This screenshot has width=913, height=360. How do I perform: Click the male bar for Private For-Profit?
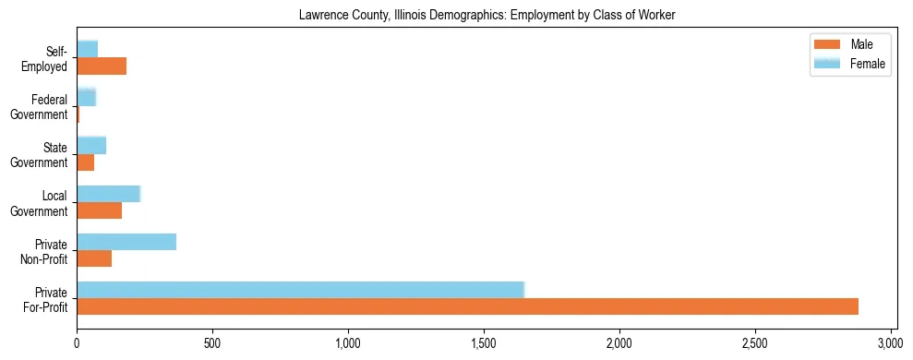[x=467, y=306]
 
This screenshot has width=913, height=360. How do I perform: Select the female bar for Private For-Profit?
[x=300, y=290]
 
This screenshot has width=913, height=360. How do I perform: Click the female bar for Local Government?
[x=108, y=194]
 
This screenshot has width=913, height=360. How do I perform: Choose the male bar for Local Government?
[x=99, y=210]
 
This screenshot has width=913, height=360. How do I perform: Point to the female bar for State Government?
[x=91, y=145]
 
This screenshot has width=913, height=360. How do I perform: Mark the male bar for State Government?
[x=85, y=162]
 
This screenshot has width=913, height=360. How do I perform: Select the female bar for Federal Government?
[x=86, y=97]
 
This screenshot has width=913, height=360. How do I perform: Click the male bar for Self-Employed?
[x=102, y=66]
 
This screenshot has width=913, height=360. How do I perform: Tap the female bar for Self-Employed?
[x=87, y=49]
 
